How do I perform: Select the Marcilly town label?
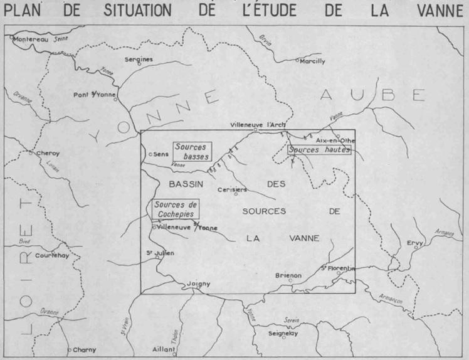313,61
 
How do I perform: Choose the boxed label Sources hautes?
319,151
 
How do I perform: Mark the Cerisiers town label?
231,189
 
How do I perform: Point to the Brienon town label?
288,275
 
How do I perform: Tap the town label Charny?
85,349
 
